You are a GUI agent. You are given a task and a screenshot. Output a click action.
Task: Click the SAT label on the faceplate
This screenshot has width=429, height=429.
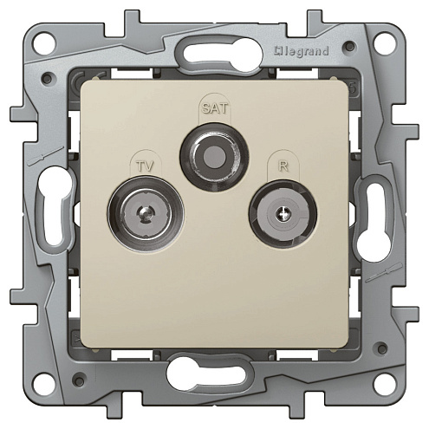tap(215, 108)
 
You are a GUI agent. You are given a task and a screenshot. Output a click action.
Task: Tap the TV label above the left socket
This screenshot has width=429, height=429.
tap(145, 166)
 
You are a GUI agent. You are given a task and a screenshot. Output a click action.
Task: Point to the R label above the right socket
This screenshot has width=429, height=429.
tap(283, 166)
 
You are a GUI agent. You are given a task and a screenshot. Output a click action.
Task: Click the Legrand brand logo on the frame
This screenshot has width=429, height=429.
tap(302, 51)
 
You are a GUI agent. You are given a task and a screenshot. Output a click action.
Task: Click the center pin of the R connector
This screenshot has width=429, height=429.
tap(283, 214)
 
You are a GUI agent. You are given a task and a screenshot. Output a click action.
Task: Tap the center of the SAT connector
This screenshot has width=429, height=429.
tap(214, 157)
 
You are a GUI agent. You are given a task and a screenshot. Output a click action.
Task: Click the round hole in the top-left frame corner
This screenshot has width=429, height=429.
tap(44, 44)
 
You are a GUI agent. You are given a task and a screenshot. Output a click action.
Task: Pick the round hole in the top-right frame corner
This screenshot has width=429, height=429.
tap(385, 44)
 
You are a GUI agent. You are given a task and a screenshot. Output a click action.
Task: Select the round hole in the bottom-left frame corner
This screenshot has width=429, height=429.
tap(44, 385)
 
